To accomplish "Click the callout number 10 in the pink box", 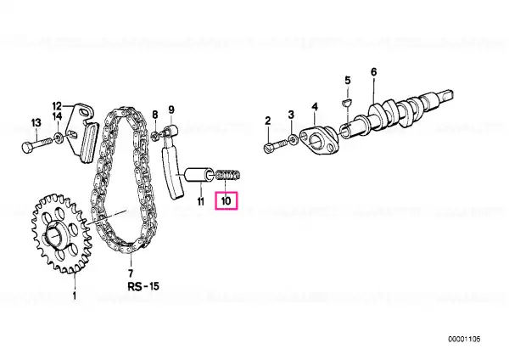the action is (x=227, y=200).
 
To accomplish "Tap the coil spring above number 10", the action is (x=228, y=175).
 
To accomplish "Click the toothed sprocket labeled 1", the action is (x=61, y=233).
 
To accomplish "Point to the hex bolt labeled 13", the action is (x=37, y=144).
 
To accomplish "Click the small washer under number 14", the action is (x=59, y=138).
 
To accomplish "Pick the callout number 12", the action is (x=57, y=106).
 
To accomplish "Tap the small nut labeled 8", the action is (x=155, y=136).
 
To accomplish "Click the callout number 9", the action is (x=171, y=110).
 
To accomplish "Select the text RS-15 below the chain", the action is (x=143, y=286).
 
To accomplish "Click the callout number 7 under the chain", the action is (x=130, y=273).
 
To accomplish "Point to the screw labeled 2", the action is (x=276, y=145).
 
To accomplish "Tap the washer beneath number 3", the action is (x=293, y=140).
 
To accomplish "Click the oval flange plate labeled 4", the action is (x=318, y=141).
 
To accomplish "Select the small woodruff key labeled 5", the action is (x=347, y=103).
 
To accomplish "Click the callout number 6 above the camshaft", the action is (x=373, y=72).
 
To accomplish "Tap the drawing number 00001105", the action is (x=464, y=340).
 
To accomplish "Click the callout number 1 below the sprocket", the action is (x=75, y=295).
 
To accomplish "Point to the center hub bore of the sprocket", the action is (x=54, y=235).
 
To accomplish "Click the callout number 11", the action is (x=201, y=201).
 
